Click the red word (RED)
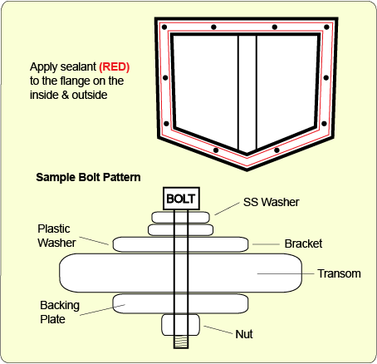click(115, 67)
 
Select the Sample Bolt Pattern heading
click(88, 177)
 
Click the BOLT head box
click(181, 199)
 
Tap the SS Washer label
click(271, 202)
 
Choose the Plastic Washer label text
click(56, 236)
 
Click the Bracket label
click(303, 243)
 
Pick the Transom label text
click(339, 273)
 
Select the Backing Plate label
click(60, 312)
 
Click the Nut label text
click(244, 334)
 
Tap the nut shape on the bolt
click(180, 325)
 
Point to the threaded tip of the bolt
click(181, 342)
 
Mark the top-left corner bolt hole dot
click(164, 27)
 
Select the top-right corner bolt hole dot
click(326, 27)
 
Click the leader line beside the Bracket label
click(266, 244)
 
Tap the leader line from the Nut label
click(218, 330)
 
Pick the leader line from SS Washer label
click(228, 209)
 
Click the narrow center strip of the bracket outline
click(247, 94)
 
